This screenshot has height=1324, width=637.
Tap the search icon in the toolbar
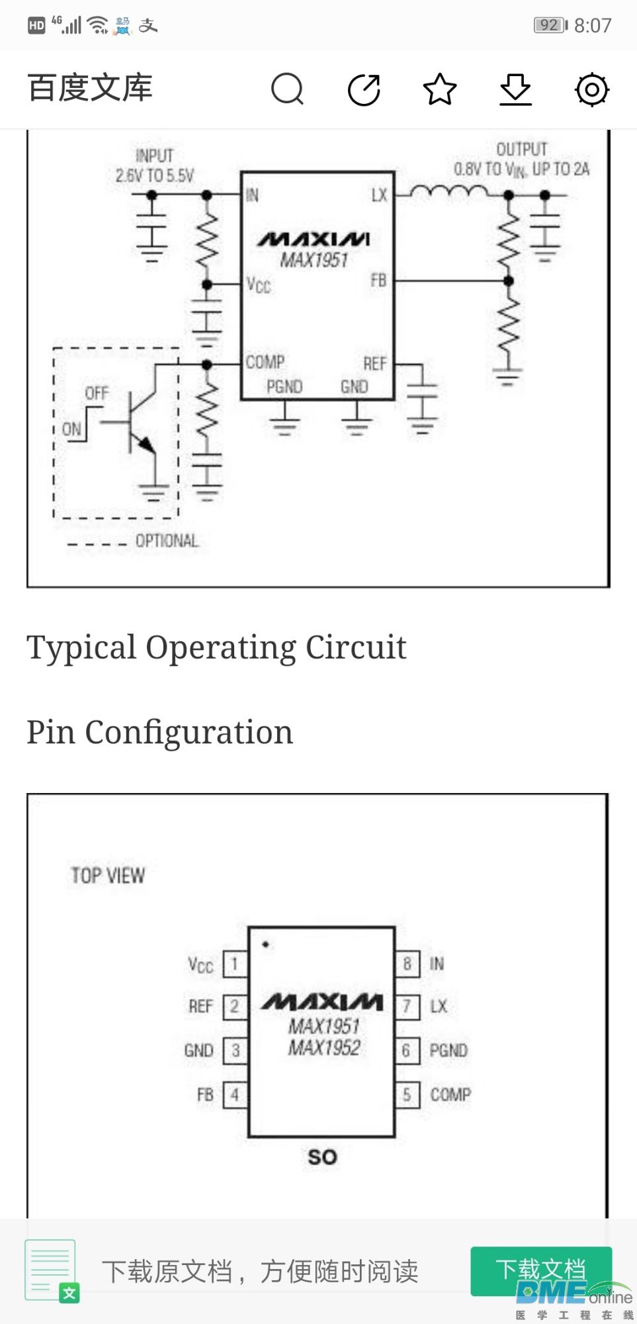(288, 89)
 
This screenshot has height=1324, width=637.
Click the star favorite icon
(440, 89)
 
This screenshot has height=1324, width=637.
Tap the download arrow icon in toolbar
(515, 89)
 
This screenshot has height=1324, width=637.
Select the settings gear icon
(592, 89)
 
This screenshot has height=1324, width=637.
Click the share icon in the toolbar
(364, 89)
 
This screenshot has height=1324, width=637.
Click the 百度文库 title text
(90, 88)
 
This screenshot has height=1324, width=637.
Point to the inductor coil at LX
(448, 192)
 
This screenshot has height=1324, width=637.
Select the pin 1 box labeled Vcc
(234, 964)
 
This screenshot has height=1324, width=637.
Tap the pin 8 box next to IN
(407, 964)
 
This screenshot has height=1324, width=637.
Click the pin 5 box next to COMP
(407, 1095)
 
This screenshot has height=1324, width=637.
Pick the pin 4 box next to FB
(234, 1095)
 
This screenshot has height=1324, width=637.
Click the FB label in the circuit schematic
(378, 280)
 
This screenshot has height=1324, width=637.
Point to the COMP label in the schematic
(265, 362)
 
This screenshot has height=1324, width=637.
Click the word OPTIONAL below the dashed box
(167, 541)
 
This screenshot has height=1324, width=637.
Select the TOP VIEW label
(108, 876)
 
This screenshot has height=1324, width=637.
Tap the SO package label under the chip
(323, 1157)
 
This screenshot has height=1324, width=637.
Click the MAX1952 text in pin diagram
(324, 1048)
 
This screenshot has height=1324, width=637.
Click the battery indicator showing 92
(551, 25)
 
